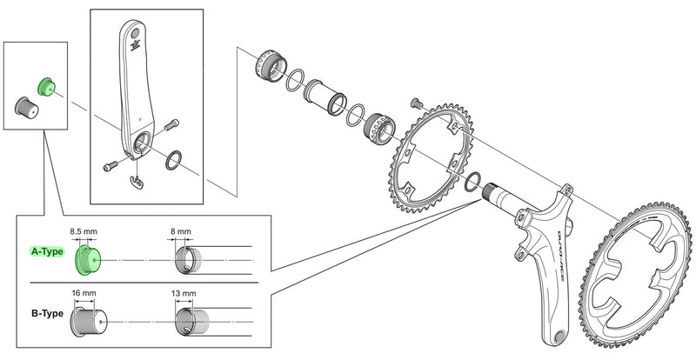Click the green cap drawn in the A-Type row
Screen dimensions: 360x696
tap(88, 257)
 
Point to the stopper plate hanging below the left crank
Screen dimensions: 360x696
tap(133, 180)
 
